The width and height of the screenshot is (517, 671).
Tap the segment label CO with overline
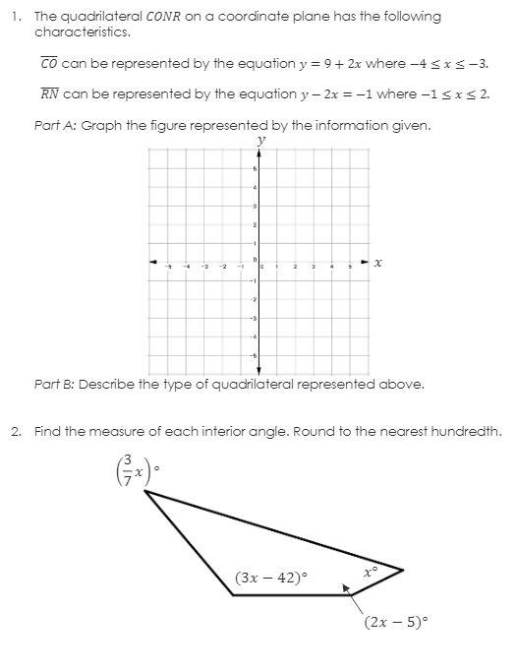click(48, 64)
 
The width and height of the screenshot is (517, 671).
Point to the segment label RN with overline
click(49, 94)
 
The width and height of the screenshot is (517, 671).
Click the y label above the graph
click(260, 140)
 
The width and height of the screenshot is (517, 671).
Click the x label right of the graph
click(378, 263)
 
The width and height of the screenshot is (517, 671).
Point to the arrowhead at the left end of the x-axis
click(153, 263)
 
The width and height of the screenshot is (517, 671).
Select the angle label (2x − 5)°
click(396, 622)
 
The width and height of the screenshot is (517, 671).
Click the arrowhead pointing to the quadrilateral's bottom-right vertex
click(347, 590)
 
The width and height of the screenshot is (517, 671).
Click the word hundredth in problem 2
click(469, 431)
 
